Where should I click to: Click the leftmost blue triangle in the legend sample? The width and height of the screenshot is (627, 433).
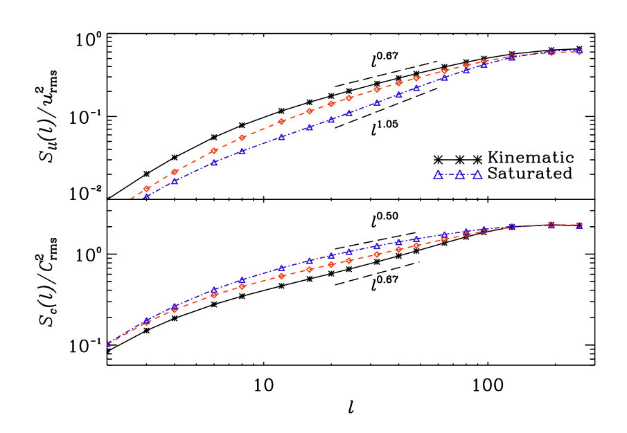pyautogui.click(x=438, y=175)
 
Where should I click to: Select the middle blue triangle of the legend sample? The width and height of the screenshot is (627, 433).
pyautogui.click(x=459, y=175)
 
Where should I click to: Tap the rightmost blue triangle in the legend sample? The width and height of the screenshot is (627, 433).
pyautogui.click(x=477, y=175)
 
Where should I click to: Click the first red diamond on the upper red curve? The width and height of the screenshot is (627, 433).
pyautogui.click(x=147, y=188)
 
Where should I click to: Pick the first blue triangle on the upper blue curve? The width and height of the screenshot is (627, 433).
pyautogui.click(x=147, y=196)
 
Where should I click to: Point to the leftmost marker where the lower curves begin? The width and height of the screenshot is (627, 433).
pyautogui.click(x=109, y=344)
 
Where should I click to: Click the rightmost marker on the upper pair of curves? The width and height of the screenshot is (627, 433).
pyautogui.click(x=579, y=51)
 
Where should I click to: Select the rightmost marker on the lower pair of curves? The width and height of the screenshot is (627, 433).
pyautogui.click(x=579, y=225)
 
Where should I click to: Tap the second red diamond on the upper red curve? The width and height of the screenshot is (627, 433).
pyautogui.click(x=175, y=172)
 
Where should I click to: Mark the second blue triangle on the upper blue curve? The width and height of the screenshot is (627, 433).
pyautogui.click(x=175, y=181)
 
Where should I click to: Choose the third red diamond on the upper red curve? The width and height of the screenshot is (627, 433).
pyautogui.click(x=214, y=151)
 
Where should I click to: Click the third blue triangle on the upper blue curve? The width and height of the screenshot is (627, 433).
pyautogui.click(x=214, y=162)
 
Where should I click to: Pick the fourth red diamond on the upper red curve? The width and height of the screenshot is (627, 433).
pyautogui.click(x=242, y=137)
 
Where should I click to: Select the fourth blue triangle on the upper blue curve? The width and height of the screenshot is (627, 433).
pyautogui.click(x=242, y=150)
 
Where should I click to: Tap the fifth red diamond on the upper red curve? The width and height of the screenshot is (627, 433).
pyautogui.click(x=281, y=122)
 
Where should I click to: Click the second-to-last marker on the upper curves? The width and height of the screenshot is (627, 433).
pyautogui.click(x=551, y=52)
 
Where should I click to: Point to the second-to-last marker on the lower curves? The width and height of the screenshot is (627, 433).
pyautogui.click(x=551, y=225)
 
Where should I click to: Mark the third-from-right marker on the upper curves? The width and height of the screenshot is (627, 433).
pyautogui.click(x=512, y=57)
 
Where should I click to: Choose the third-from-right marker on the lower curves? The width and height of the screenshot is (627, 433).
pyautogui.click(x=512, y=227)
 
